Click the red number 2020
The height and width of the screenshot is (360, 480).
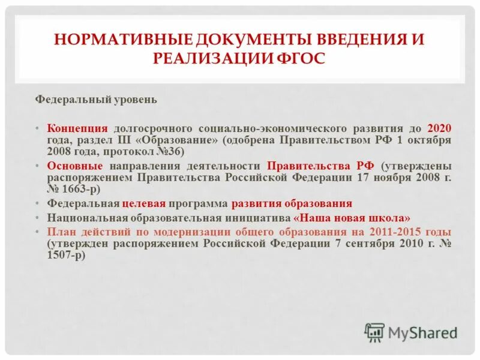440,129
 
